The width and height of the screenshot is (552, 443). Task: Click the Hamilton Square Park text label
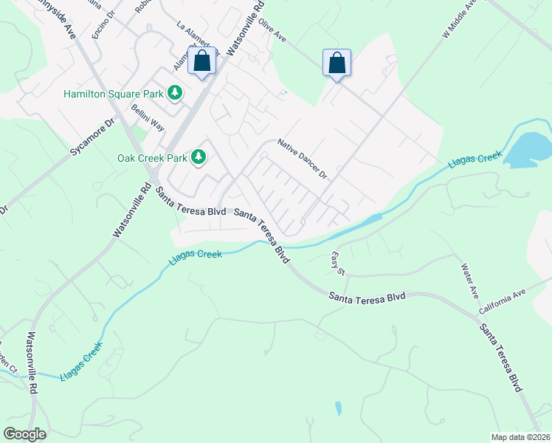coord(113,94)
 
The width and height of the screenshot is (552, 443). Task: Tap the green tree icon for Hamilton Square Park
coord(175,93)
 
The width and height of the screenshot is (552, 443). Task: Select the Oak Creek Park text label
coord(152,157)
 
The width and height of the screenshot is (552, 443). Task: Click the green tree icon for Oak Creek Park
coord(199,157)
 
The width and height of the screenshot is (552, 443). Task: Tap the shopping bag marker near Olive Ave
coord(337,63)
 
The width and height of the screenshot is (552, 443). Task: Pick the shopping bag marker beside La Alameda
coord(202,62)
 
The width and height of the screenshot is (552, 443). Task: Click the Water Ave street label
coord(469,281)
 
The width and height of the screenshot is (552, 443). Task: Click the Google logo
coord(24,434)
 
